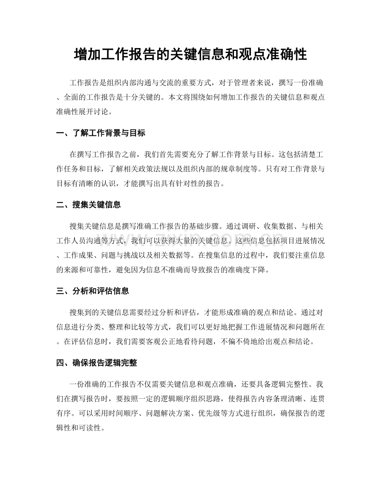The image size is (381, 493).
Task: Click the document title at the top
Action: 190,54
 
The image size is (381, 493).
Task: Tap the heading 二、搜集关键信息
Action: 89,204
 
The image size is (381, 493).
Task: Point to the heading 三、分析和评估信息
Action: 93,291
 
